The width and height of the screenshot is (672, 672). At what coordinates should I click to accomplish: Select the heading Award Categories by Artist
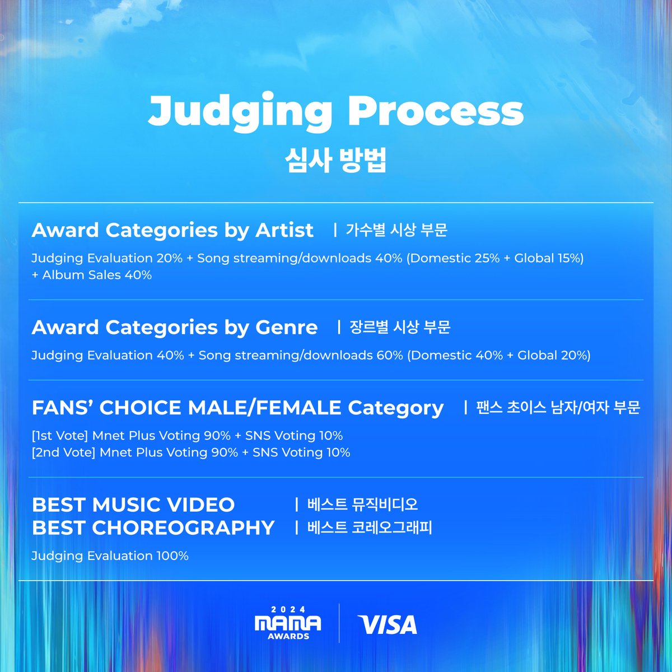click(x=172, y=230)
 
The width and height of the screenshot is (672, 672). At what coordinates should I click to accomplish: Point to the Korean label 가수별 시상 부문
click(x=396, y=230)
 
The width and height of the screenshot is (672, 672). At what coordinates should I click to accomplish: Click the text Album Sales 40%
click(x=97, y=275)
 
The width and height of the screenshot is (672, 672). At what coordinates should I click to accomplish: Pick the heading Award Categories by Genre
click(x=175, y=327)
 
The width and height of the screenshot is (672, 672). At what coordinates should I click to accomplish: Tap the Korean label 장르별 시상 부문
click(x=400, y=327)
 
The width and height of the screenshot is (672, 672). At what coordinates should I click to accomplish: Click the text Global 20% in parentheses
click(x=552, y=356)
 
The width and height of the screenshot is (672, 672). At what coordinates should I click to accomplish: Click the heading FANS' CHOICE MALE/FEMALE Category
click(x=237, y=408)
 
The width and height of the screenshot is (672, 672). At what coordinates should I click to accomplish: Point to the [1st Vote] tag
click(x=60, y=436)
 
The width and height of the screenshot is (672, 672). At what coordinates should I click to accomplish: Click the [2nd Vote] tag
click(x=63, y=452)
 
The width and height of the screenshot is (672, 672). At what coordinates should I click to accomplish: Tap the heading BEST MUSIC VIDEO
click(x=133, y=505)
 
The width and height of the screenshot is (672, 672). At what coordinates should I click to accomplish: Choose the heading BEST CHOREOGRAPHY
click(x=153, y=528)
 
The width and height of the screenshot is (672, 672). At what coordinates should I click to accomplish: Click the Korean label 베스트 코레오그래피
click(x=370, y=528)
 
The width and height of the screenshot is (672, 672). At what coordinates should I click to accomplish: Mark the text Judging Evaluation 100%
click(x=110, y=556)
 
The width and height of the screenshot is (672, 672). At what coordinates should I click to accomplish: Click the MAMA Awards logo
click(x=288, y=623)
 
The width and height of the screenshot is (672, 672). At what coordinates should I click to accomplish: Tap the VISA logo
click(x=388, y=624)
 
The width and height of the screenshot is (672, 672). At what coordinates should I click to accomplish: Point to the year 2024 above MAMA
click(x=288, y=609)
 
